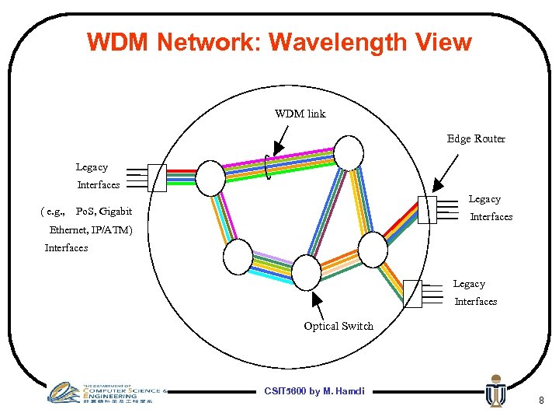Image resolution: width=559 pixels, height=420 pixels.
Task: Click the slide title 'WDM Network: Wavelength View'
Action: (x=279, y=41)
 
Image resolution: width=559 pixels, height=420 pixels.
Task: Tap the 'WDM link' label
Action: (x=300, y=114)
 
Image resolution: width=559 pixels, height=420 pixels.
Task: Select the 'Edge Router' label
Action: (x=476, y=138)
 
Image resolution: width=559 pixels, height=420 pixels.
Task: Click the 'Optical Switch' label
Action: (x=339, y=326)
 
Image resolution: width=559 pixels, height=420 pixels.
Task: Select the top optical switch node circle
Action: (x=349, y=152)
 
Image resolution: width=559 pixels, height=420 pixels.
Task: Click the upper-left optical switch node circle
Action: (x=210, y=177)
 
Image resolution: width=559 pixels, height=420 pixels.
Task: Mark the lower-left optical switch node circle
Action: (x=238, y=257)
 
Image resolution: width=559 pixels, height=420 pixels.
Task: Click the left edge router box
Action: (x=157, y=177)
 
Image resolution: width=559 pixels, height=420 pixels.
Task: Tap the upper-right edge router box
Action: (x=427, y=210)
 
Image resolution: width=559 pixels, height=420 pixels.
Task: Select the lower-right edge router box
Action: (x=412, y=293)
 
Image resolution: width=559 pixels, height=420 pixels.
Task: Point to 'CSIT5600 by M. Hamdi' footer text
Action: (x=314, y=390)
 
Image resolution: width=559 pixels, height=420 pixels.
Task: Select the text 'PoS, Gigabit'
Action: (x=104, y=212)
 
